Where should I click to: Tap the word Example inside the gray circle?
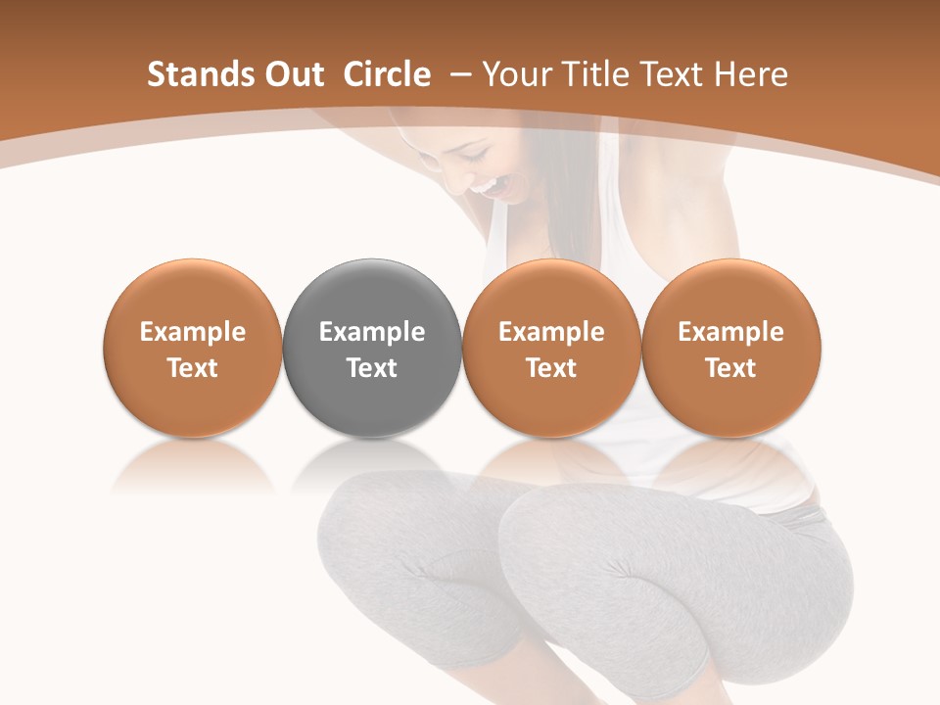pos(372,332)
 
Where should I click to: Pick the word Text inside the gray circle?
pos(372,368)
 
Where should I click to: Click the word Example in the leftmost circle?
pos(193,332)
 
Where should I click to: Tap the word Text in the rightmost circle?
pos(730,368)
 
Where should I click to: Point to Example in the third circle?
pos(551,332)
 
